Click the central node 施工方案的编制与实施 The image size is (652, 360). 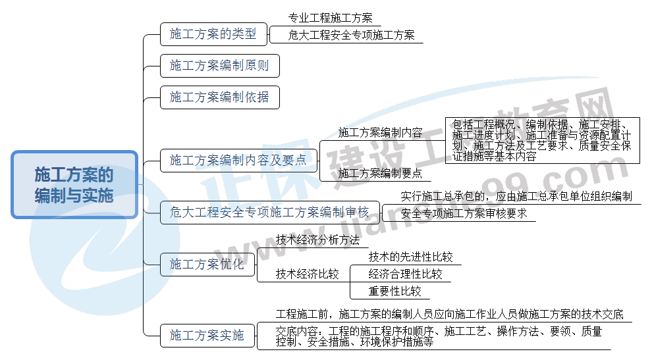74,185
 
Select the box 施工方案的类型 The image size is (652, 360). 208,34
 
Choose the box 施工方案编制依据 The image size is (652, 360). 219,97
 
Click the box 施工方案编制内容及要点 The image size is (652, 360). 238,160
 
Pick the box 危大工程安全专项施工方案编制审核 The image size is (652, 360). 269,212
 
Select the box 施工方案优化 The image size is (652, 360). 207,265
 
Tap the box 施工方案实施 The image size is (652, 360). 207,336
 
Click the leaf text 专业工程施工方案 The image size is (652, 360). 330,18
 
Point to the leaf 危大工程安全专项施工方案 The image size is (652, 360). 352,36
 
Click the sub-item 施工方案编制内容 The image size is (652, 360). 380,132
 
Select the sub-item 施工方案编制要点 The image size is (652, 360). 380,174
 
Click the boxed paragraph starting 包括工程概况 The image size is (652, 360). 541,140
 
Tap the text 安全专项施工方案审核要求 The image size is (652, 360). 464,213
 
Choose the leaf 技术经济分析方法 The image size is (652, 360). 317,240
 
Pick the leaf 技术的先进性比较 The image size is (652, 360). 410,257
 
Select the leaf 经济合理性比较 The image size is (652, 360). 405,274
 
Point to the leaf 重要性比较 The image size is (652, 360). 394,291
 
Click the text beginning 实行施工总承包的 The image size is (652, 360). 516,196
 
